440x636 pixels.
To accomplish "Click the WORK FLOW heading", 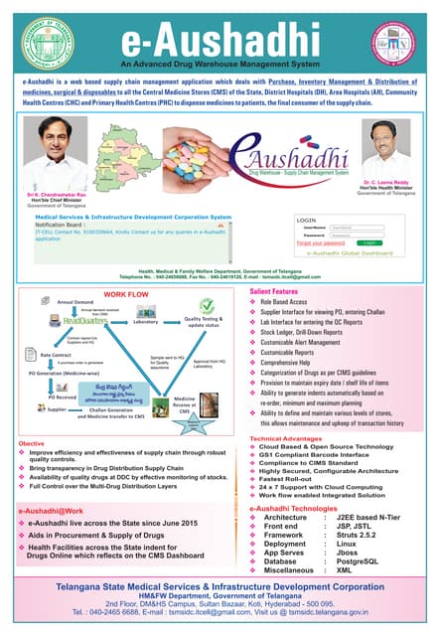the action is click(x=126, y=267).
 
